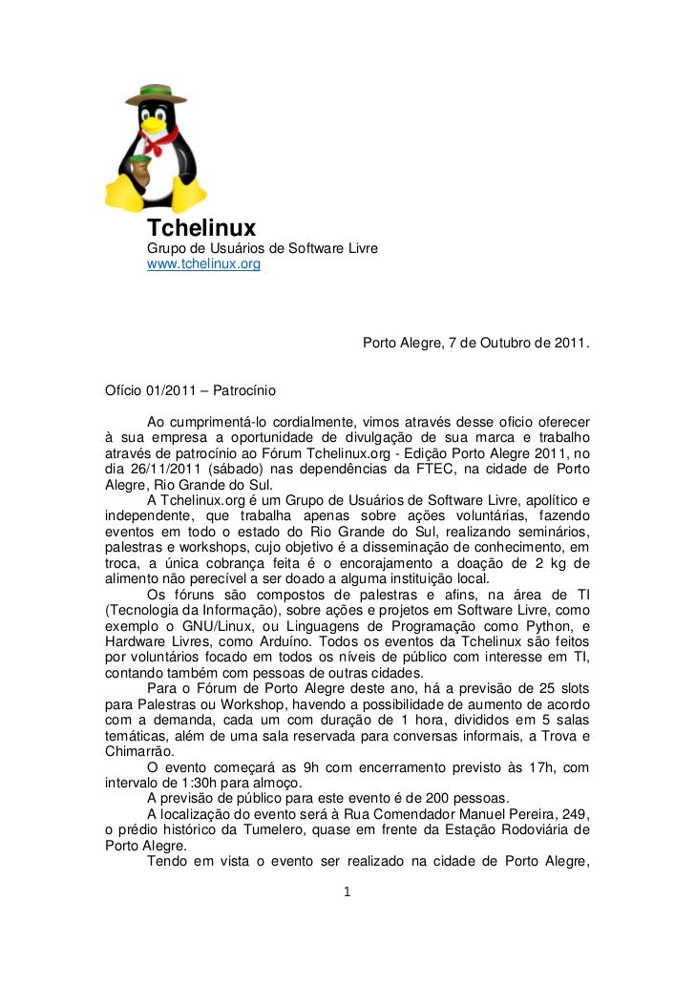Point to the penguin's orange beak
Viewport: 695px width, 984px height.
[x=153, y=123]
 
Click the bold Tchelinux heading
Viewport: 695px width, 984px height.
[x=200, y=228]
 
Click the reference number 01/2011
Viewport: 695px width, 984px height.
[x=174, y=391]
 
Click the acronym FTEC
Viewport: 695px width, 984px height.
[x=422, y=469]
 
